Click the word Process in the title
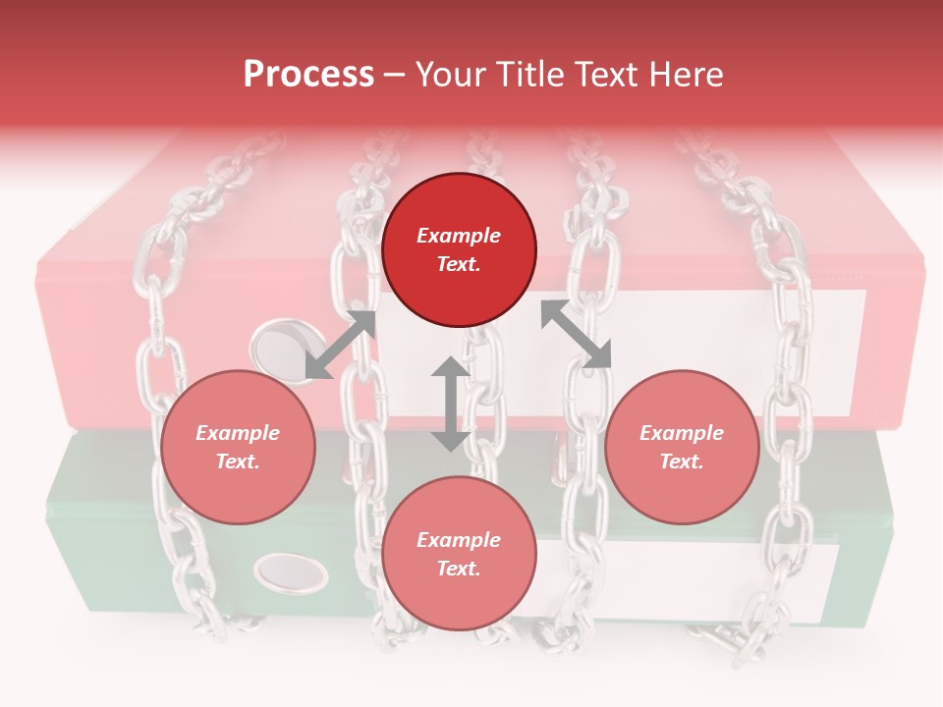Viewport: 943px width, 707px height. click(308, 75)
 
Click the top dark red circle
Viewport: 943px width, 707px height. click(459, 250)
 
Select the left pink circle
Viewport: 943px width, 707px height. click(238, 447)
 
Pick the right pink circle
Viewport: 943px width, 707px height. click(682, 447)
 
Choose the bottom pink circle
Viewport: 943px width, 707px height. click(459, 553)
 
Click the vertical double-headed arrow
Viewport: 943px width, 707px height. click(450, 404)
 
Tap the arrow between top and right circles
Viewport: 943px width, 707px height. click(576, 334)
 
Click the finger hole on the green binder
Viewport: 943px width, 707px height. click(291, 571)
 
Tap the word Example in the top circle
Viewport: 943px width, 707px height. click(459, 236)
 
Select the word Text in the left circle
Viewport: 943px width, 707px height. click(238, 462)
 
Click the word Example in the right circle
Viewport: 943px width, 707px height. click(682, 433)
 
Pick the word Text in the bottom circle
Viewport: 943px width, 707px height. click(459, 569)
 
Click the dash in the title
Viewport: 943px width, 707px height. click(394, 75)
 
